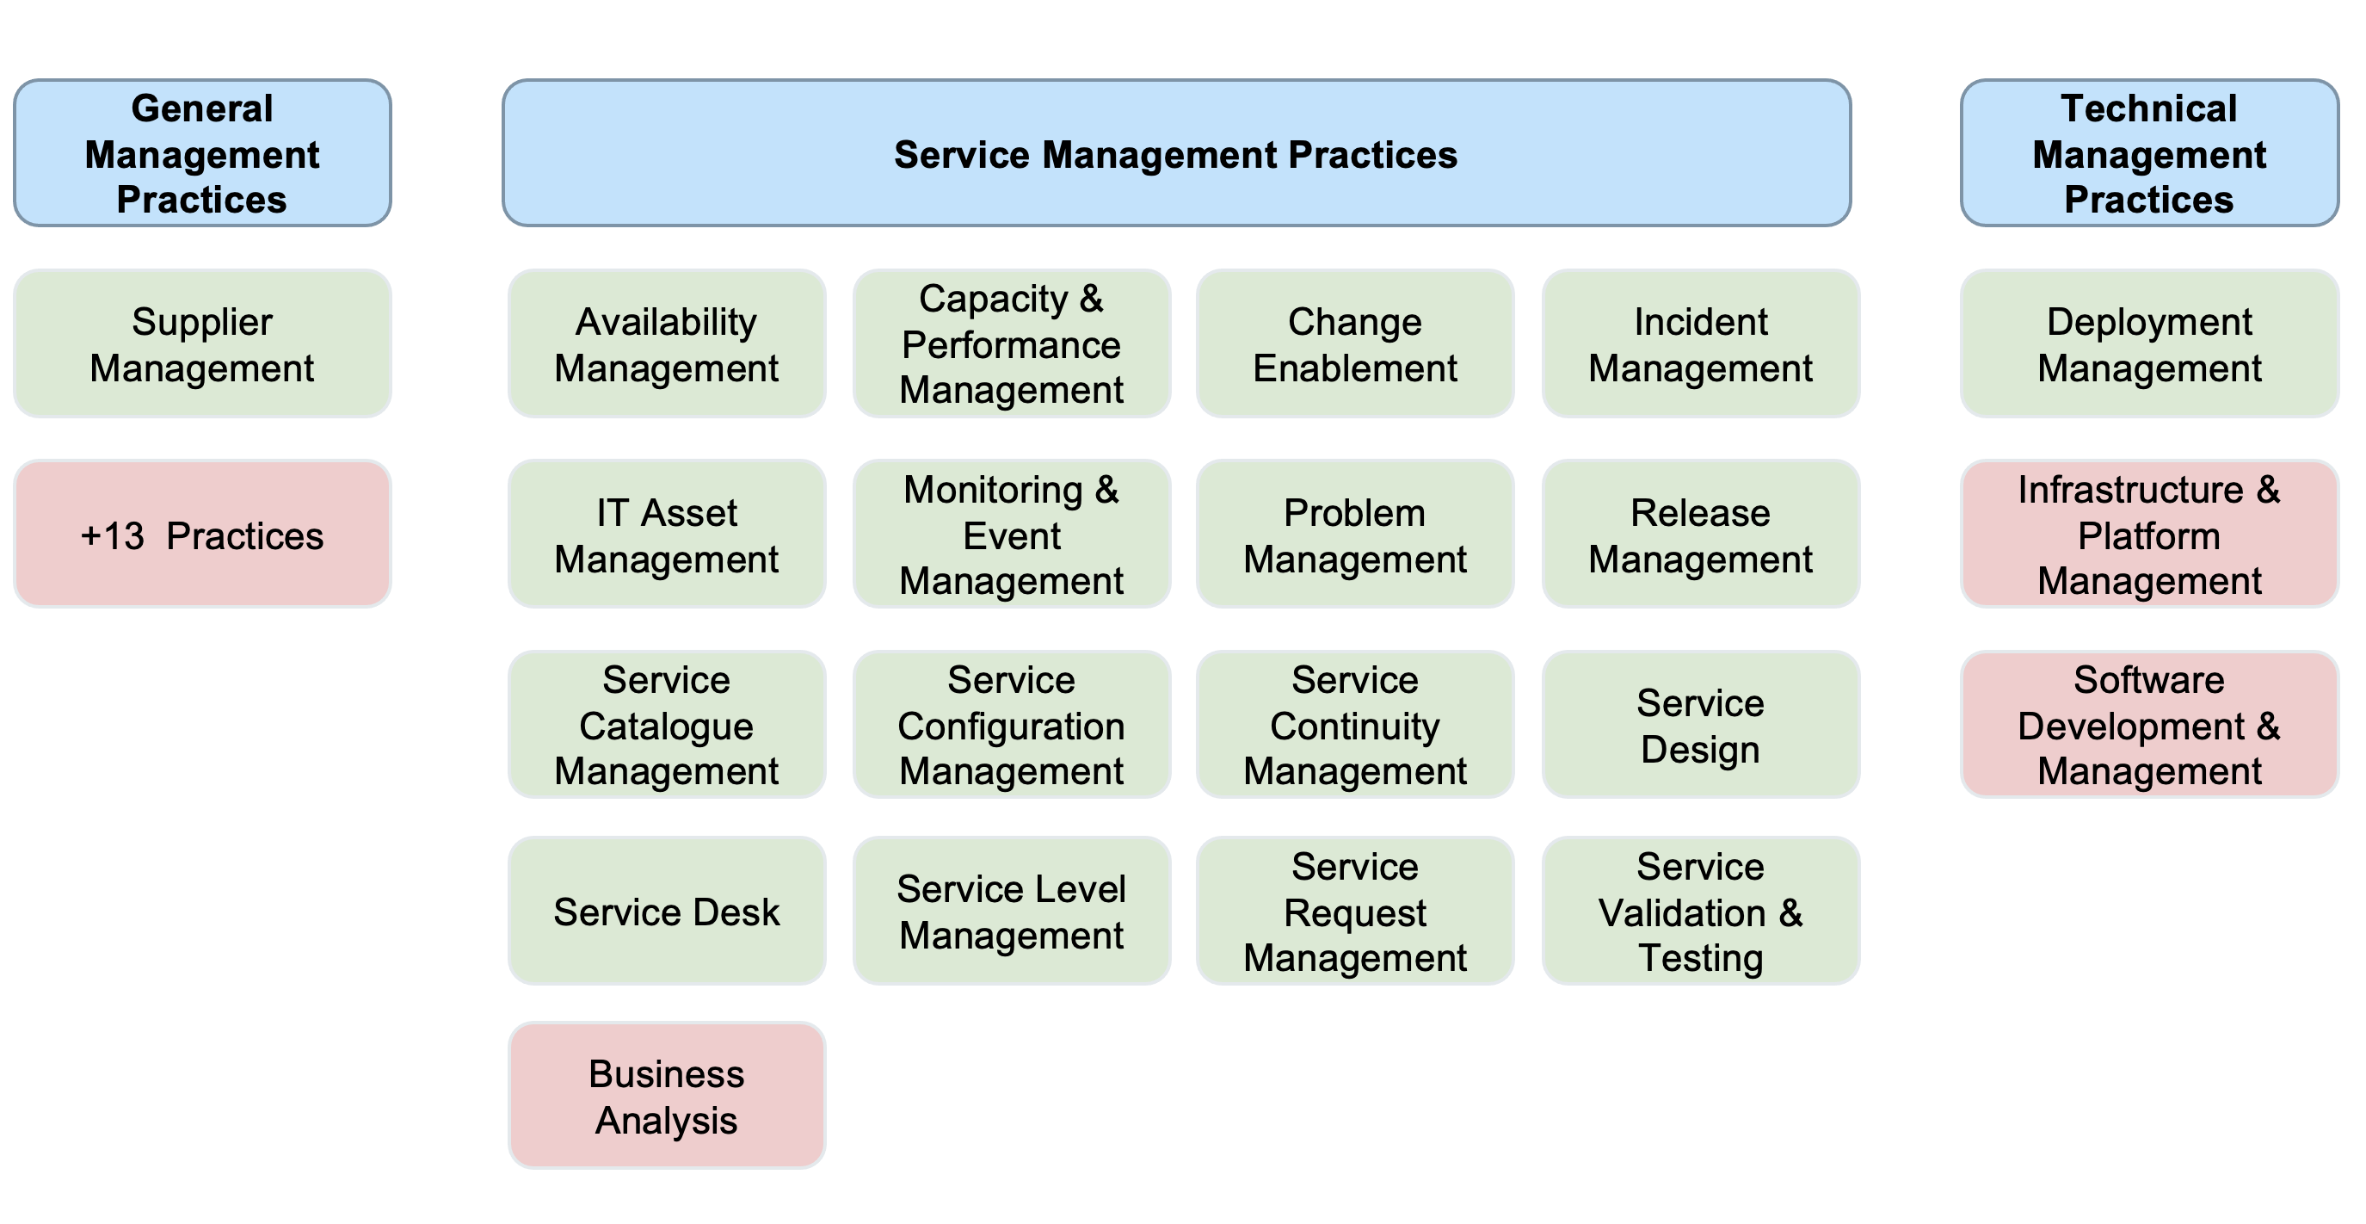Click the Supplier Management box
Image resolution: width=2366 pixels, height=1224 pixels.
pyautogui.click(x=202, y=343)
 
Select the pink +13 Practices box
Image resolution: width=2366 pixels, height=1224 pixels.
pyautogui.click(x=202, y=534)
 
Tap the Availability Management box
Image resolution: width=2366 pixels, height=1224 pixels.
pyautogui.click(x=667, y=343)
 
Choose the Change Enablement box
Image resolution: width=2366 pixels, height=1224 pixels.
pyautogui.click(x=1355, y=343)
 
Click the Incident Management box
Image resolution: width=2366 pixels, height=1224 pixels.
pyautogui.click(x=1701, y=343)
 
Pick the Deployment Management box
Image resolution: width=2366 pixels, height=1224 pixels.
pyautogui.click(x=2149, y=343)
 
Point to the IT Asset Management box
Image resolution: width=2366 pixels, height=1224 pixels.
pyautogui.click(x=667, y=534)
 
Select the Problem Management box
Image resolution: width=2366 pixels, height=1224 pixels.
pyautogui.click(x=1355, y=534)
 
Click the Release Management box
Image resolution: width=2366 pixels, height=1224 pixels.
pyautogui.click(x=1701, y=534)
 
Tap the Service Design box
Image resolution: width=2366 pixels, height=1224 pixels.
pyautogui.click(x=1701, y=724)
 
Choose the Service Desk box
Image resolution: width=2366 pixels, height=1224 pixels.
pyautogui.click(x=667, y=911)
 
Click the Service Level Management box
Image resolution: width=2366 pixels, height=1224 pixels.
pyautogui.click(x=1011, y=911)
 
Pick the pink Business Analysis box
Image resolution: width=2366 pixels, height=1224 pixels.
pyautogui.click(x=667, y=1096)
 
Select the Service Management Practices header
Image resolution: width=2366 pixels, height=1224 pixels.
pyautogui.click(x=1177, y=152)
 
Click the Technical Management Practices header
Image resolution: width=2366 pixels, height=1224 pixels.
pyautogui.click(x=2149, y=152)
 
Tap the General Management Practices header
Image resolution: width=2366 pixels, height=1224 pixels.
pyautogui.click(x=202, y=152)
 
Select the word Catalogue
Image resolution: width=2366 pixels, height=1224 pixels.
pyautogui.click(x=667, y=726)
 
